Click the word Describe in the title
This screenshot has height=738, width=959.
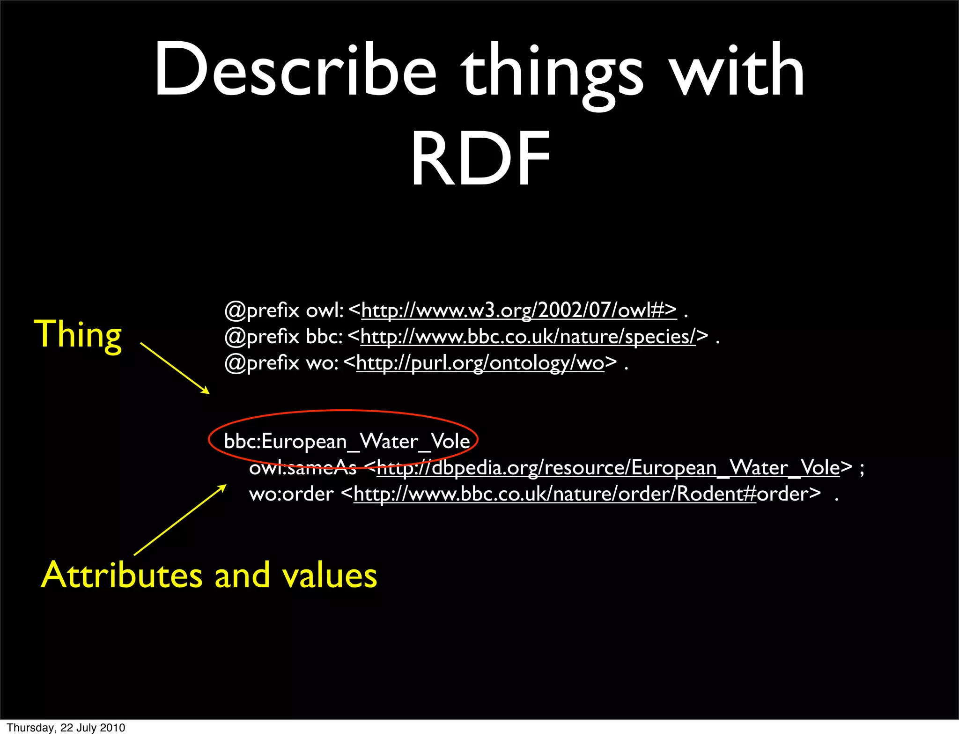click(295, 70)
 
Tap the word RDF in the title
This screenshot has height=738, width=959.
click(480, 159)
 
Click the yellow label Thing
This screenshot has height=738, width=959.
click(78, 334)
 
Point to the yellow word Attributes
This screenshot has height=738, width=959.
click(122, 575)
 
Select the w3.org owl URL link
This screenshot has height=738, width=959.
click(519, 310)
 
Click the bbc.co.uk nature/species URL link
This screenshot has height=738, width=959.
click(528, 336)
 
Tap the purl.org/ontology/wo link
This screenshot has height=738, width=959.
click(480, 363)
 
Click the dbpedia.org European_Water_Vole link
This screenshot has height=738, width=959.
click(608, 467)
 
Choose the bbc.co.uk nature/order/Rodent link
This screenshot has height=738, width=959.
click(555, 494)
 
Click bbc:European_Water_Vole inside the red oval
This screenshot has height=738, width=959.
click(347, 441)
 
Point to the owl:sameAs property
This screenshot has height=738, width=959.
click(302, 468)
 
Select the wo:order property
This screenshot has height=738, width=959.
click(291, 494)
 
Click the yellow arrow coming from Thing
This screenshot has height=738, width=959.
click(175, 368)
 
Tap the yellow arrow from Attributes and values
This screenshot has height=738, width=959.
click(180, 520)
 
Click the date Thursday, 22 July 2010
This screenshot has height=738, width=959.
click(66, 728)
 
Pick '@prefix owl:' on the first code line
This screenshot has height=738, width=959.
click(284, 310)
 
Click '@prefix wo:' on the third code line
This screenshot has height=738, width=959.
click(281, 363)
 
